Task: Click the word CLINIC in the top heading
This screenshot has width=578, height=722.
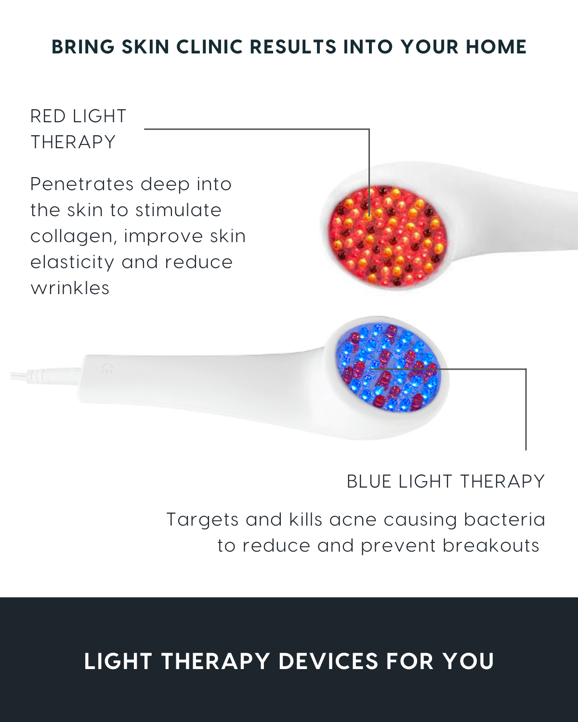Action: tap(210, 47)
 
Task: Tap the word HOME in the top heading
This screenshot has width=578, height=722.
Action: tap(496, 47)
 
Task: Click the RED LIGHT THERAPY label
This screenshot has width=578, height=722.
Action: tap(78, 129)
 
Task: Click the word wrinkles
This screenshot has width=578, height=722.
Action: tap(70, 287)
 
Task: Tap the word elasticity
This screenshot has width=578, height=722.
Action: tap(72, 263)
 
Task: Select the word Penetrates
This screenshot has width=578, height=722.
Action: tap(82, 184)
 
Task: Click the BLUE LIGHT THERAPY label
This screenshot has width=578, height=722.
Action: tap(446, 481)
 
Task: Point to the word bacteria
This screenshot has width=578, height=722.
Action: tap(504, 520)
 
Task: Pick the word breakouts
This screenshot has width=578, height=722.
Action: tap(491, 545)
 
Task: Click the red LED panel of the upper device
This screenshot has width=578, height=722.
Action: tap(388, 236)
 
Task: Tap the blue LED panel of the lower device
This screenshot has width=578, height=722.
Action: tap(388, 367)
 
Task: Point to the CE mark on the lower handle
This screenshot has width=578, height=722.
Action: tap(107, 369)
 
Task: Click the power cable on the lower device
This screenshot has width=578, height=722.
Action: tap(45, 376)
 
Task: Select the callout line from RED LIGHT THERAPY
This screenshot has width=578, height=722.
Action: tap(369, 129)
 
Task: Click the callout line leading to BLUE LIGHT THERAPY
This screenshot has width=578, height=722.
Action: tap(526, 369)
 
